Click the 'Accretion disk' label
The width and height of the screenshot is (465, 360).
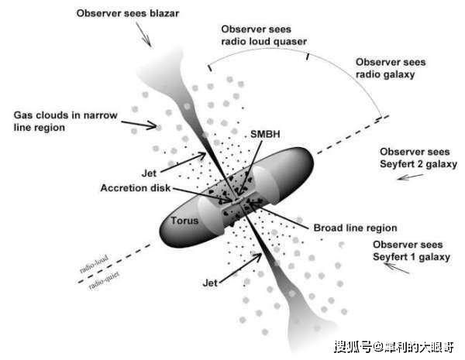coord(136,188)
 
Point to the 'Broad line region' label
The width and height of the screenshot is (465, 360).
coord(355,228)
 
